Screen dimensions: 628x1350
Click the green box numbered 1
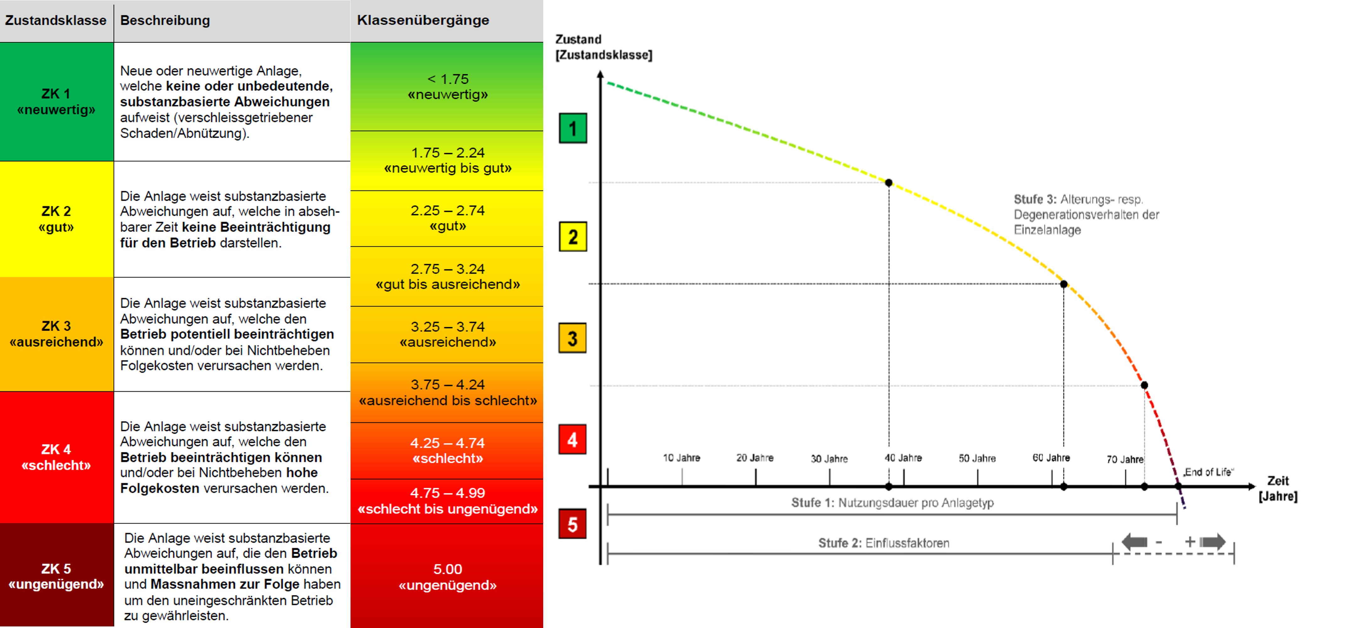(x=572, y=128)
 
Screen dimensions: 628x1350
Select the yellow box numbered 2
(x=572, y=237)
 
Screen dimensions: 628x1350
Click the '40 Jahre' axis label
(x=903, y=458)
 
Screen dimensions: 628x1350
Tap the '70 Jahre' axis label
(x=1125, y=459)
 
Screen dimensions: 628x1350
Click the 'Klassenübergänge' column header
(x=423, y=20)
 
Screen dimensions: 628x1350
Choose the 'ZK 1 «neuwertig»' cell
(x=56, y=102)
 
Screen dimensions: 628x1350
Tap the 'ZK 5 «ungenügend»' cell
(x=56, y=576)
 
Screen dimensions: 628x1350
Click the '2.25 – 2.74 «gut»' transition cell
(x=447, y=218)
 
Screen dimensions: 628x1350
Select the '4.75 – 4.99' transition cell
(x=447, y=501)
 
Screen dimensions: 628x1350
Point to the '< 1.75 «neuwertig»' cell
(x=447, y=87)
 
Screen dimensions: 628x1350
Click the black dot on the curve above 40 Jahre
(x=888, y=183)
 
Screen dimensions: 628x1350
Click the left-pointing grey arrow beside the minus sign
(x=1135, y=541)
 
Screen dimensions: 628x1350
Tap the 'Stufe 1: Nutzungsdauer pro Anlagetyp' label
(x=892, y=503)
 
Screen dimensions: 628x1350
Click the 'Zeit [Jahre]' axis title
(x=1278, y=488)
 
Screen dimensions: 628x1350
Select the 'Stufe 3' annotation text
(x=1086, y=214)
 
